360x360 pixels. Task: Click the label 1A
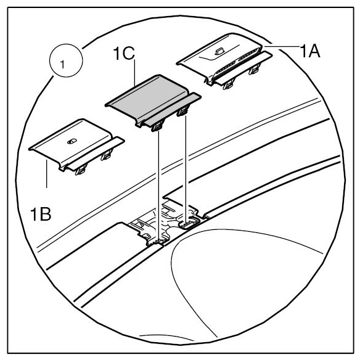pos(310,51)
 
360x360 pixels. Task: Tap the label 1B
pos(41,214)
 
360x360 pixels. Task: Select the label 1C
pos(124,54)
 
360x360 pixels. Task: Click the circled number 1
pos(66,60)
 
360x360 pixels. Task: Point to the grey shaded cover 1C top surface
pos(147,96)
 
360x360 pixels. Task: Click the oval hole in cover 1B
pos(72,141)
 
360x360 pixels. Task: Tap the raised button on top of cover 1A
pos(219,51)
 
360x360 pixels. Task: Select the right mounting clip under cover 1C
pos(182,111)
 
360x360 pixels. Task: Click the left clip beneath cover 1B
pos(81,170)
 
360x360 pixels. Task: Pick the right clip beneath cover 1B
pos(107,155)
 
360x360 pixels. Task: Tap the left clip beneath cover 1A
pos(229,84)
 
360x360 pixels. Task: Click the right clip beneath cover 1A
pos(255,69)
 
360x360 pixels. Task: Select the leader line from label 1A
pos(282,47)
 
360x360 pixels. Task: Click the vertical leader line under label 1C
pos(134,73)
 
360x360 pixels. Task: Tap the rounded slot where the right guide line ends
pos(188,224)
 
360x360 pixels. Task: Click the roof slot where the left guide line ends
pos(159,242)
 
